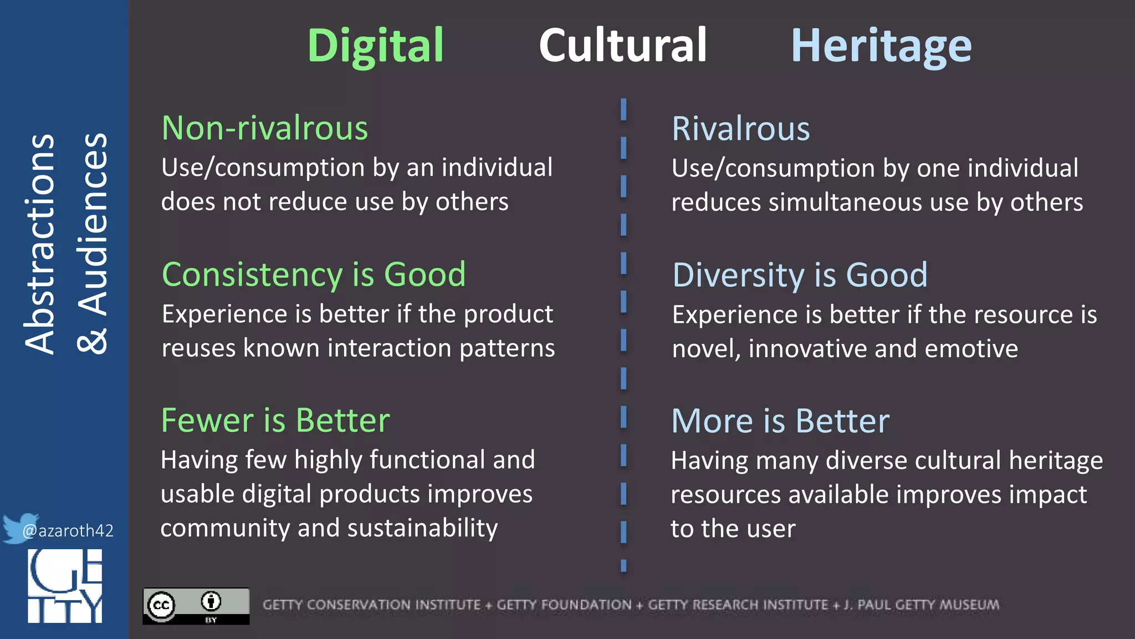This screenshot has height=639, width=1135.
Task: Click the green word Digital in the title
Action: click(376, 46)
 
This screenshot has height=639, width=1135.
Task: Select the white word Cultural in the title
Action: click(623, 45)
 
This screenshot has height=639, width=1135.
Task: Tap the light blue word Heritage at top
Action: click(881, 47)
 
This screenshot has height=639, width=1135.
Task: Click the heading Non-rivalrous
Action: click(265, 128)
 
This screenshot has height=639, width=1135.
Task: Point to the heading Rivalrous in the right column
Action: click(740, 129)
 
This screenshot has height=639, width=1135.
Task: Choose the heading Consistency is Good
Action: click(314, 275)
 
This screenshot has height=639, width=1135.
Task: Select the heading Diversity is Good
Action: click(800, 275)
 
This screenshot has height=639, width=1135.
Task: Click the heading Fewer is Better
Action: click(275, 420)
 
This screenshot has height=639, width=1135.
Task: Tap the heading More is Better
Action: click(780, 421)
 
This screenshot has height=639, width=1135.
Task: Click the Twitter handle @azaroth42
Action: click(68, 531)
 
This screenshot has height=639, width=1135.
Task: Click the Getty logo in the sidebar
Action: click(65, 586)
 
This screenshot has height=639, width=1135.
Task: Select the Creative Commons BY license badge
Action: click(196, 606)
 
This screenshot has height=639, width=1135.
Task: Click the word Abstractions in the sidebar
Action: click(40, 244)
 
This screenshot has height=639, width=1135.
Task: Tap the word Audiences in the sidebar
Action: click(93, 225)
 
